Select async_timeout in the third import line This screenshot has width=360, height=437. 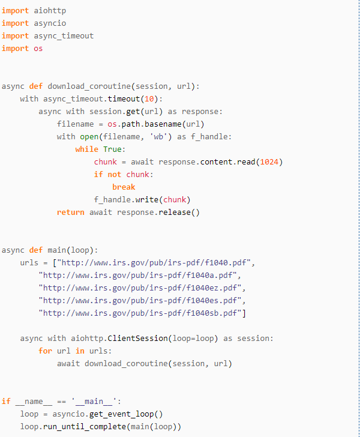(64, 35)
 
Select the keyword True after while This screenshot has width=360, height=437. (115, 149)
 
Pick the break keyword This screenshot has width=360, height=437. (124, 187)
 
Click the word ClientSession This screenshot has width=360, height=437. (140, 338)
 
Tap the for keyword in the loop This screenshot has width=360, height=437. (45, 351)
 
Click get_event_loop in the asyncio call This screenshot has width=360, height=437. (126, 414)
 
